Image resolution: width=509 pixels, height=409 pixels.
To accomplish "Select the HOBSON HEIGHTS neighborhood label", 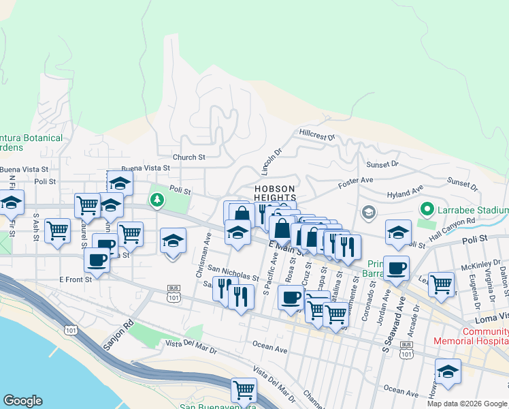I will click(x=275, y=193).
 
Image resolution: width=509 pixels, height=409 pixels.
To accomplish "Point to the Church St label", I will click(x=188, y=157).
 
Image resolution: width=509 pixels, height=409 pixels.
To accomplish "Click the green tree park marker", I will click(x=158, y=200).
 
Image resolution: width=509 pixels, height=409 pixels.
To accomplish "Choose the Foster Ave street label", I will click(x=357, y=181).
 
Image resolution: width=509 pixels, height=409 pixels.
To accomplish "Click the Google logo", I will click(x=22, y=401).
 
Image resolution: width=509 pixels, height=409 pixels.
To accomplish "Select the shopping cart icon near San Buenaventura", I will click(x=244, y=391).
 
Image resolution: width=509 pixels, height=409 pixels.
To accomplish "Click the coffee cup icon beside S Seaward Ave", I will click(x=396, y=269).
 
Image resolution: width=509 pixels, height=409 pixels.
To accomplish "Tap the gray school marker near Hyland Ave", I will click(x=368, y=213).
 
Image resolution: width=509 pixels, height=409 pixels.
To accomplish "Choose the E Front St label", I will click(x=75, y=279).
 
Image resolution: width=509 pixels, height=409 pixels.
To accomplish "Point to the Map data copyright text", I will click(x=467, y=404).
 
